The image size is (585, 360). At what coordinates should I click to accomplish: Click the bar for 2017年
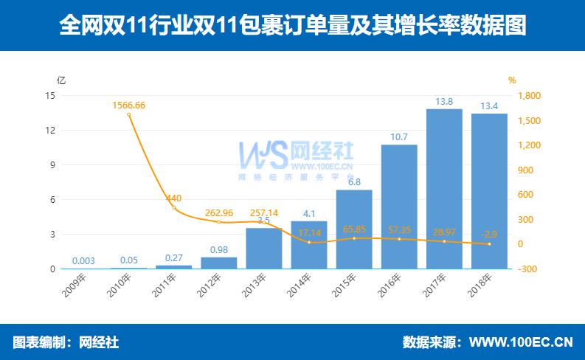coord(444,189)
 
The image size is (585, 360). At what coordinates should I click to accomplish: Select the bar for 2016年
coord(399,207)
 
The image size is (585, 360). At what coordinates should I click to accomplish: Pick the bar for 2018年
coord(489,191)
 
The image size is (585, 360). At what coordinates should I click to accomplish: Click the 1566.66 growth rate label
coord(128,105)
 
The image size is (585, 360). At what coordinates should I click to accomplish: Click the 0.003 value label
coord(83,260)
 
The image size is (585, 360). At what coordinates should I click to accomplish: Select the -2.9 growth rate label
coord(489,234)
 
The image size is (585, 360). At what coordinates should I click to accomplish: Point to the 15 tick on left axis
coord(50,96)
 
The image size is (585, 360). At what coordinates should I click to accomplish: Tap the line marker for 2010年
coord(128,114)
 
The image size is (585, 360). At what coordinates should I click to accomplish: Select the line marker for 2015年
coord(354,238)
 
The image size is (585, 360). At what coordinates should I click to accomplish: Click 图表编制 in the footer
coord(39,342)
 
